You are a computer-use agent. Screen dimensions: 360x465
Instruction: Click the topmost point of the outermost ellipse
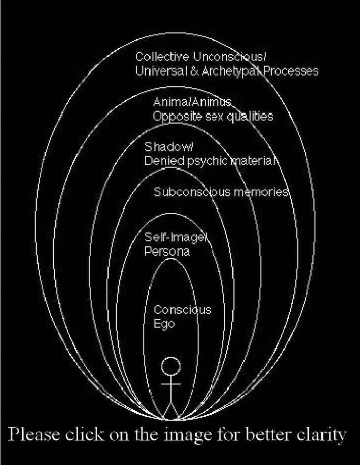coord(175,33)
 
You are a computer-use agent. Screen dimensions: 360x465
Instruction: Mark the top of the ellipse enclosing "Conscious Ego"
coord(171,259)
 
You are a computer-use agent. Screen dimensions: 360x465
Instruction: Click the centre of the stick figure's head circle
coord(171,366)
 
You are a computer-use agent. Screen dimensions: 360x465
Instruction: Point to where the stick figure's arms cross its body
coord(171,384)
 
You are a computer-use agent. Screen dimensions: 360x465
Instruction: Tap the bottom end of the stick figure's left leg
coord(163,420)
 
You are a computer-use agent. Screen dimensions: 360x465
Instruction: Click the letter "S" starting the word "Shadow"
coord(148,147)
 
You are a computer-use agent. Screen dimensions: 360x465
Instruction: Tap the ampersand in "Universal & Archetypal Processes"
coord(195,71)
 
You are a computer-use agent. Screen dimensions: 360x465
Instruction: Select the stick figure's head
coord(171,366)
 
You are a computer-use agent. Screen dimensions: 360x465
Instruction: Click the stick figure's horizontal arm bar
coord(171,384)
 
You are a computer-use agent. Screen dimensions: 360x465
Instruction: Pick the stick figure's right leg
coord(175,411)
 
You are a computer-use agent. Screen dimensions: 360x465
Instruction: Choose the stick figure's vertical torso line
coord(171,390)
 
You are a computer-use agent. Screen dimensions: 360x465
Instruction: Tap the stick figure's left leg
coord(167,411)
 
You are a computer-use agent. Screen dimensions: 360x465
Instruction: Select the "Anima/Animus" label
coord(192,102)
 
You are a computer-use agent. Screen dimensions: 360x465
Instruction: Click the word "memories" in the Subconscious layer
coord(261,192)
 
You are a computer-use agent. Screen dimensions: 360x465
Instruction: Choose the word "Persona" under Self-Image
coord(167,252)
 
